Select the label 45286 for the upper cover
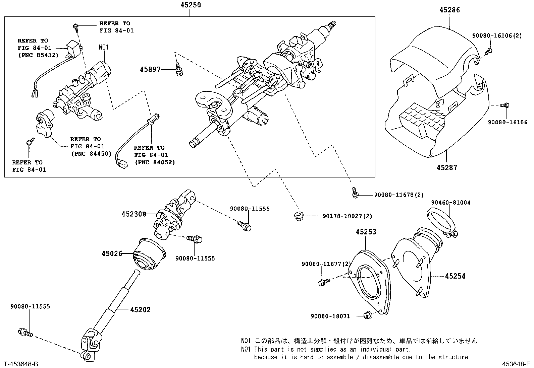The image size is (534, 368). click(x=449, y=10)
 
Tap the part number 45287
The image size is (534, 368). click(x=447, y=167)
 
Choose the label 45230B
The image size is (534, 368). click(x=134, y=214)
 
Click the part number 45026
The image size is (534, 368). click(x=112, y=254)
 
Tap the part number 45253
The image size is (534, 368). click(x=366, y=232)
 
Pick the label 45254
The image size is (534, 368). click(x=455, y=276)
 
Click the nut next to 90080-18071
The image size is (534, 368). click(x=367, y=315)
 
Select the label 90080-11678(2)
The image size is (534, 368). click(x=398, y=195)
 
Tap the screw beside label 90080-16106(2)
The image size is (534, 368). click(x=489, y=51)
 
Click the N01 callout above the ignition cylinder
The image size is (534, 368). click(x=104, y=47)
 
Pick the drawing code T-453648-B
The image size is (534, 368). click(x=21, y=364)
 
